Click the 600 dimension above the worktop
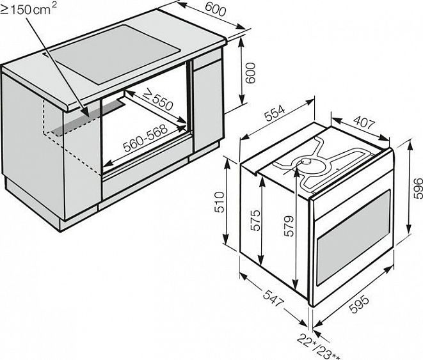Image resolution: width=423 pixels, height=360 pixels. pos(215,10)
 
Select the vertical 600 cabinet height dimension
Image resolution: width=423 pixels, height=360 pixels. pos(250,73)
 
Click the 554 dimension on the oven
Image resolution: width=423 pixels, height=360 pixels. pos(275,113)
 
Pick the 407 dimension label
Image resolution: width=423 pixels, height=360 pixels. pos(364,121)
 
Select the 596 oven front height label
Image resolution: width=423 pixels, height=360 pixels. pos(418,188)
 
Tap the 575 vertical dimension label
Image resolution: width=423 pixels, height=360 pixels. pos(255,220)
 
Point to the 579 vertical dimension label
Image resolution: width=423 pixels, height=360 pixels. pos(289,226)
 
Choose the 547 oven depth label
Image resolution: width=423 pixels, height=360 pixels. pos(273,298)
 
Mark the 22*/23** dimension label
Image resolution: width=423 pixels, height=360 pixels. pos(319,347)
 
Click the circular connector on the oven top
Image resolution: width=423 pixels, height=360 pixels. pos(307,161)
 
